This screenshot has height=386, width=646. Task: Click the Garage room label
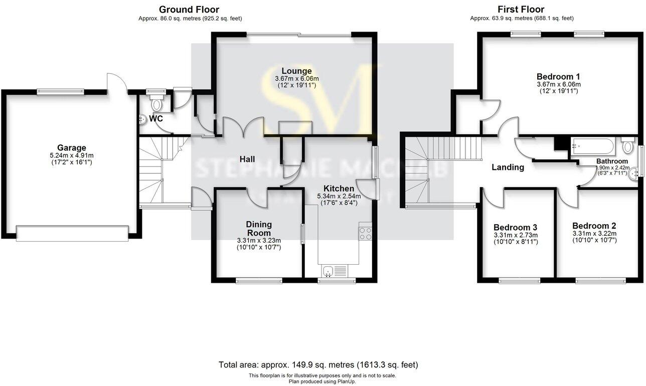[x=71, y=148]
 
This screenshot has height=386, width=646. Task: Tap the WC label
[x=156, y=119]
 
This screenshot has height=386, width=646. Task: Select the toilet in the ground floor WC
[x=156, y=104]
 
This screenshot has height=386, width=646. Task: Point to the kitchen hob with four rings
[x=365, y=234]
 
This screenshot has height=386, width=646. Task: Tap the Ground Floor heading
[x=189, y=10]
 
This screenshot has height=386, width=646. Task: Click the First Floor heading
[x=521, y=10]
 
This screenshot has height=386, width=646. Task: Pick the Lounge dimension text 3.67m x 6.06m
[x=296, y=79]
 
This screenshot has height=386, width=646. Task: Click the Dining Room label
[x=258, y=229]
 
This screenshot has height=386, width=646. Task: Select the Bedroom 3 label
[x=515, y=227]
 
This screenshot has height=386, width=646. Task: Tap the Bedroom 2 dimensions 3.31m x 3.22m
[x=594, y=234]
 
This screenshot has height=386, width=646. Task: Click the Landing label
[x=508, y=167]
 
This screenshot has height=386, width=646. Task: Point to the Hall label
[x=247, y=159]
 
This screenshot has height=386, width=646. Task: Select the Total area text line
[x=318, y=365]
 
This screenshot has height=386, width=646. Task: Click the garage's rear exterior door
[x=116, y=83]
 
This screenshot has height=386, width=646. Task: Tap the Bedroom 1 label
[x=559, y=77]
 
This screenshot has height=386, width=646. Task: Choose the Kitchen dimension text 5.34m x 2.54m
[x=339, y=197]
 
